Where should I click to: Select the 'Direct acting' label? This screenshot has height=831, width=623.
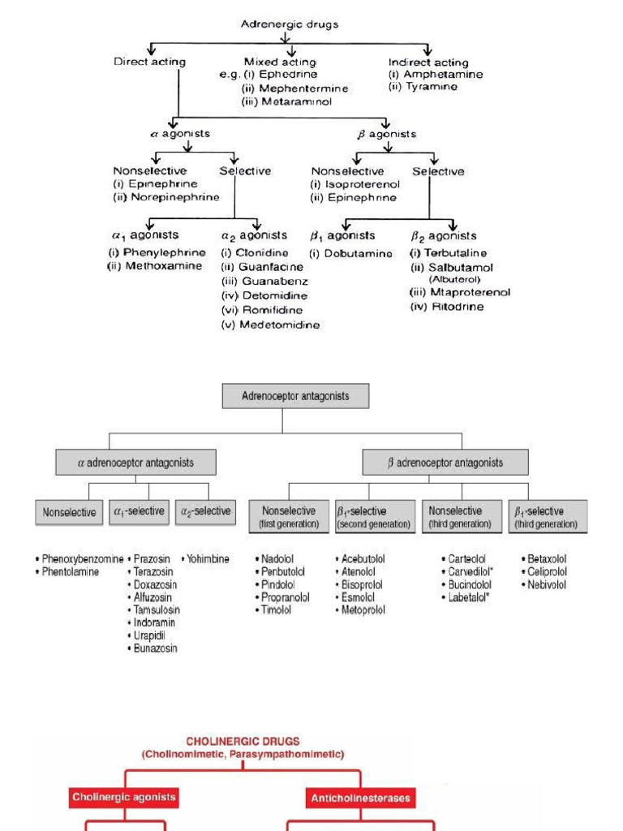tap(149, 62)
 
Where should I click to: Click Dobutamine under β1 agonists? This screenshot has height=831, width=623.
tap(357, 253)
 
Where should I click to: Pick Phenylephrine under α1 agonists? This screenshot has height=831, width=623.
tap(160, 252)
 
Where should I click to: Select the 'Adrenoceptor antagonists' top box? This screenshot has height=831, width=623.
tap(295, 396)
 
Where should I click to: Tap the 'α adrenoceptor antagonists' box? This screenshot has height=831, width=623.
tap(135, 463)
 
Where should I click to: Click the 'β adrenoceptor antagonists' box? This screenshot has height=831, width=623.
tap(445, 463)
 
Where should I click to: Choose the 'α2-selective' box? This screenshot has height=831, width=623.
tap(204, 512)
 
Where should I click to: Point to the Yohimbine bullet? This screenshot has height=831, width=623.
tap(206, 559)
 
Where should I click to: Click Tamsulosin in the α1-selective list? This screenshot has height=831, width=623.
tap(157, 609)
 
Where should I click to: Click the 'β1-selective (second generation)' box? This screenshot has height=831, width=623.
tap(373, 517)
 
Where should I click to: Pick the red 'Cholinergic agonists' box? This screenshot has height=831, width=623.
tap(124, 797)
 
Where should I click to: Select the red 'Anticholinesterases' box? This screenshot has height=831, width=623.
tap(360, 799)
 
